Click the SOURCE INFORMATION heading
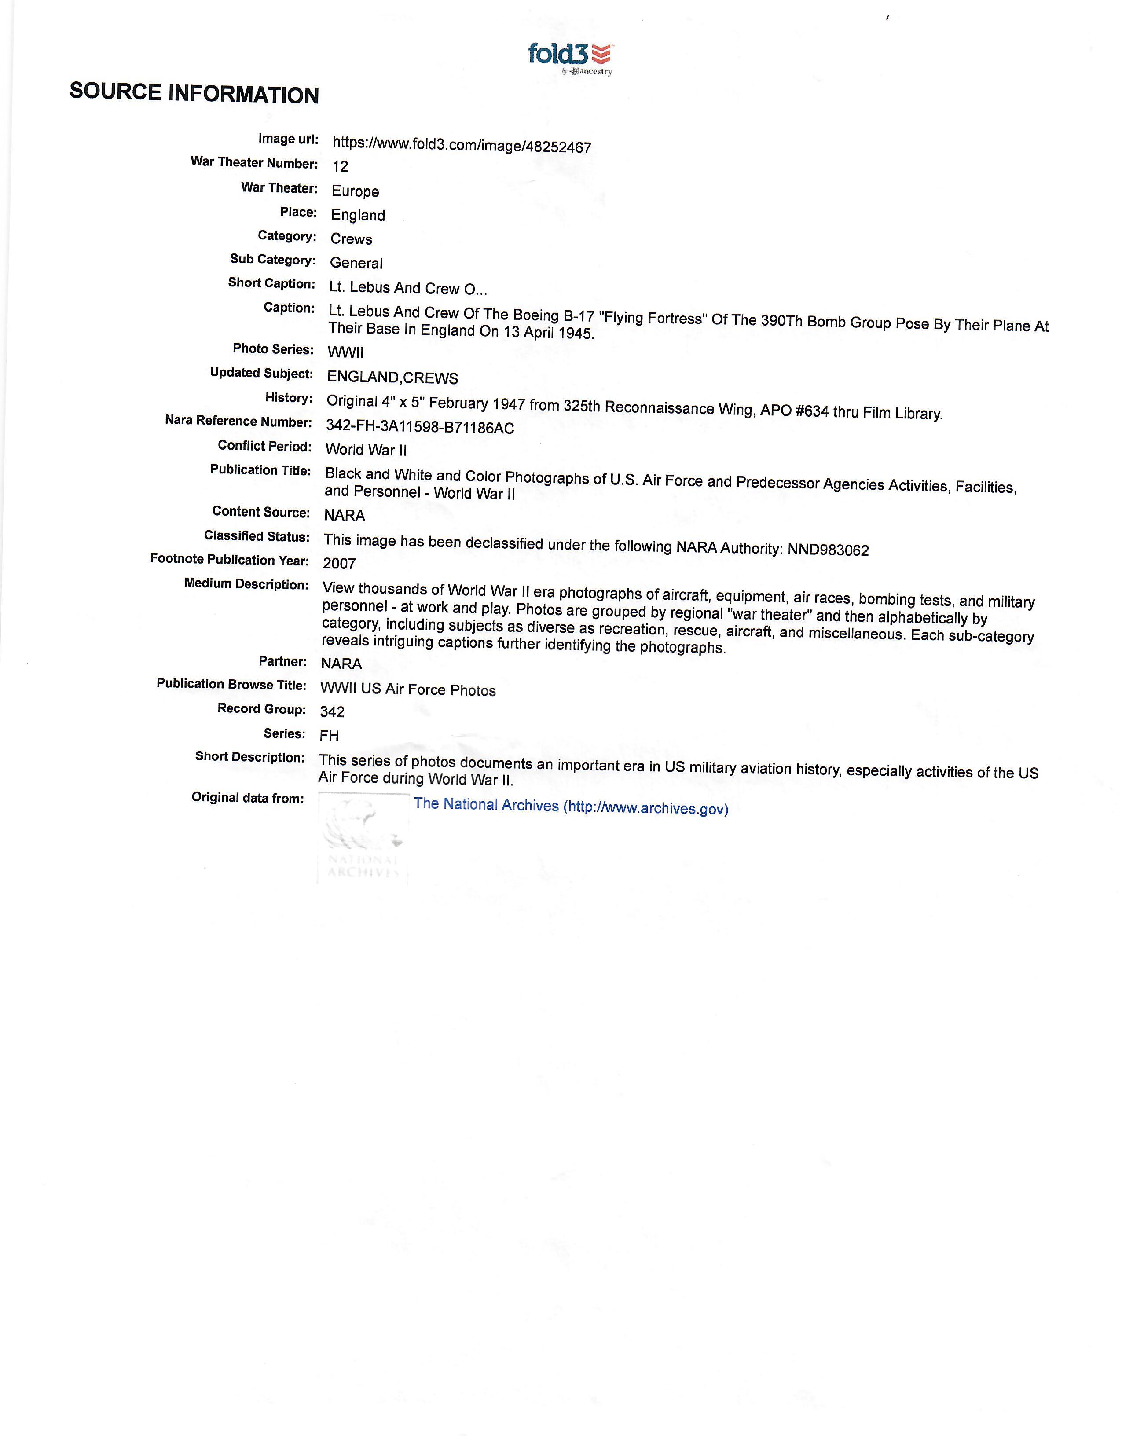[194, 93]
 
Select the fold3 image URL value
[461, 145]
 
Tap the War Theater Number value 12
[340, 166]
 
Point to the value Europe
[355, 191]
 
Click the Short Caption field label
[271, 283]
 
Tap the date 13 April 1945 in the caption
[548, 332]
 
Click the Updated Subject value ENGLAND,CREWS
[392, 378]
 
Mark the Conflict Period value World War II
[366, 450]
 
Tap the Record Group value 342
[332, 712]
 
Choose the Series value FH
[329, 736]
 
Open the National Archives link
[570, 807]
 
